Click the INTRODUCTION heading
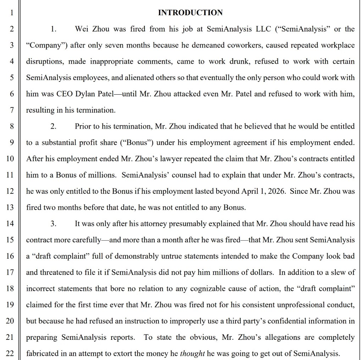pyautogui.click(x=190, y=13)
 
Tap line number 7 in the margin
pyautogui.click(x=11, y=110)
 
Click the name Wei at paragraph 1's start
pyautogui.click(x=82, y=29)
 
